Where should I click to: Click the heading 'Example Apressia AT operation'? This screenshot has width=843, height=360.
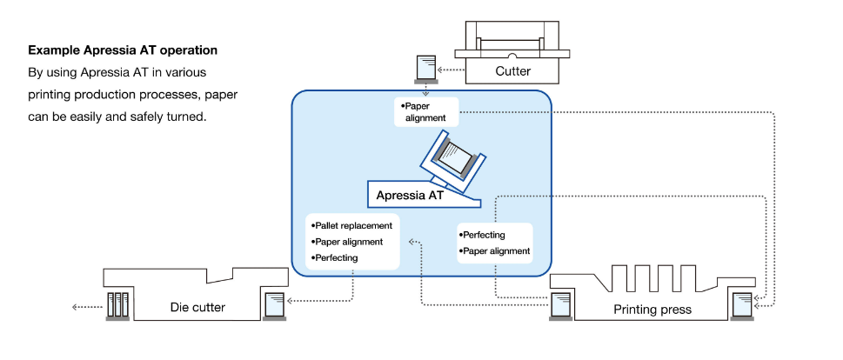(123, 50)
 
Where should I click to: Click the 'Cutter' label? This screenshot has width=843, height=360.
(512, 71)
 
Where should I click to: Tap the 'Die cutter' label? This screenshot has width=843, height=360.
(197, 307)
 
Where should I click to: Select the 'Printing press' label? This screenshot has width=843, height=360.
(652, 309)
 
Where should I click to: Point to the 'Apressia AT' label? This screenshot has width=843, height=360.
(410, 196)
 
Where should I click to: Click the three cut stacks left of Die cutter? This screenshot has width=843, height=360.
(117, 306)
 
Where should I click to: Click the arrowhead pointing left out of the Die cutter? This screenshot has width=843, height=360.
(75, 306)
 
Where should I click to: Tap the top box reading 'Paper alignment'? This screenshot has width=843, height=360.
(425, 111)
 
